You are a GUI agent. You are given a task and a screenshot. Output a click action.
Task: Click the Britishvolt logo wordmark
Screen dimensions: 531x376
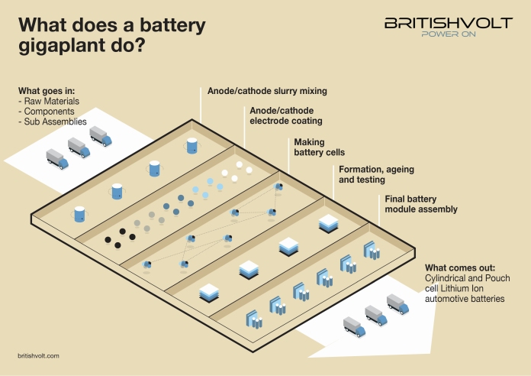coord(449,23)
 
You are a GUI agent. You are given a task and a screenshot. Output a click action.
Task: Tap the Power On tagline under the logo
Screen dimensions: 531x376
coord(449,34)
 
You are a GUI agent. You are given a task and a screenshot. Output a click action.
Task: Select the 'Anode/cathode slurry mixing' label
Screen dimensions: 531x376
coord(267,91)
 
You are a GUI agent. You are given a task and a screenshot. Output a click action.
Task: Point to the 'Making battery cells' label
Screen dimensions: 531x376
coord(319,147)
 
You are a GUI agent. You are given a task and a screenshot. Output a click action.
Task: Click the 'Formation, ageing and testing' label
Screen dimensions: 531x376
coord(376,174)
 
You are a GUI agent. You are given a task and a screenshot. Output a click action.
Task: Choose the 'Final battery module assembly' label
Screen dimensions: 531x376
coord(421,204)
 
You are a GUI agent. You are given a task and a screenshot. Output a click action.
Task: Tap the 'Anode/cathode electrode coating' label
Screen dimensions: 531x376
coord(286,115)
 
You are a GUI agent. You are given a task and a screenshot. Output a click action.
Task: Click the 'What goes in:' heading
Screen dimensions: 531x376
coord(47,91)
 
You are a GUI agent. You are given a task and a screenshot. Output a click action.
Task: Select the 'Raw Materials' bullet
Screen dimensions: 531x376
coord(49,101)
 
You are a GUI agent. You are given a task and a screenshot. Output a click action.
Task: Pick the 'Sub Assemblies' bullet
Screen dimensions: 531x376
coord(53,122)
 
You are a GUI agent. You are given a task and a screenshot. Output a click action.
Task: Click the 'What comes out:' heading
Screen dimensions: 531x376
coord(460,267)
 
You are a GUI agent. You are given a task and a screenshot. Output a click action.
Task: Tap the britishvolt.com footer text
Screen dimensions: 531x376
coord(38,355)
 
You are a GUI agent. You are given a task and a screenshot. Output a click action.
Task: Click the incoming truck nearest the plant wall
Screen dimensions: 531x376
coord(101,137)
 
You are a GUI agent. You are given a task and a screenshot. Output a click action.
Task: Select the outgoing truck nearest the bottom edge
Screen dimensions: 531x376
coord(354,327)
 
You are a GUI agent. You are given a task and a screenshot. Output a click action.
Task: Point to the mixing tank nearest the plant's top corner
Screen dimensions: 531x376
coord(192,145)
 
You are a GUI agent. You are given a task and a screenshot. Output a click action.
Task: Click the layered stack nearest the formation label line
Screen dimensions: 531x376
coord(329,224)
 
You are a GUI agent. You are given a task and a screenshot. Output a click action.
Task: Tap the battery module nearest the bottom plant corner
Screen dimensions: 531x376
coord(254,319)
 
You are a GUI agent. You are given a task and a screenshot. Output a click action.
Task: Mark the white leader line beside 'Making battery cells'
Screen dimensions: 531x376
coord(288,155)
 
